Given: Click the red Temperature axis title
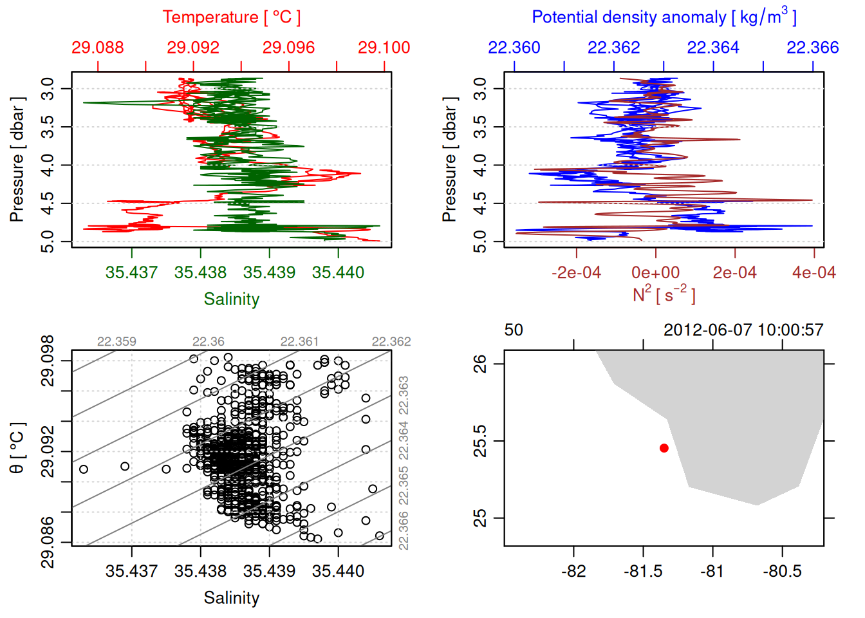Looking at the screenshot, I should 231,17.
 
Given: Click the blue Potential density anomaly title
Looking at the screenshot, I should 664,17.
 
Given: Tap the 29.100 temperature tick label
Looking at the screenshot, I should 384,48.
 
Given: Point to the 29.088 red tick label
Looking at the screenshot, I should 97,48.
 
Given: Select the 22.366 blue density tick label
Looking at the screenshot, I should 813,48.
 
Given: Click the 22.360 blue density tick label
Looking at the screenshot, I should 514,48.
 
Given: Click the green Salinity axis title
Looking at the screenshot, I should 231,299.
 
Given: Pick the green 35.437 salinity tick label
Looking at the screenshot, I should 131,272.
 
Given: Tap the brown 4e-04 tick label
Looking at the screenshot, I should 814,273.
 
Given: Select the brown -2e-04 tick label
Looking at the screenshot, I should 576,273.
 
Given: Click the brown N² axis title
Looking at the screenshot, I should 664,294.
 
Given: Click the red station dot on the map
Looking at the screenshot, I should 664,448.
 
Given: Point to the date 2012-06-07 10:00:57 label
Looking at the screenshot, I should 743,330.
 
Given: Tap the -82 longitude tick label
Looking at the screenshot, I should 573,572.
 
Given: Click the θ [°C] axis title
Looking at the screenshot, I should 17,448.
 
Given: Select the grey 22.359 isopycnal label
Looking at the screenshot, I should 116,342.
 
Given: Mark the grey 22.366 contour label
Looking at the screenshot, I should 404,530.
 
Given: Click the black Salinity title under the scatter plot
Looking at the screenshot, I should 231,598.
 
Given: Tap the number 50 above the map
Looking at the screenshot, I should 514,330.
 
